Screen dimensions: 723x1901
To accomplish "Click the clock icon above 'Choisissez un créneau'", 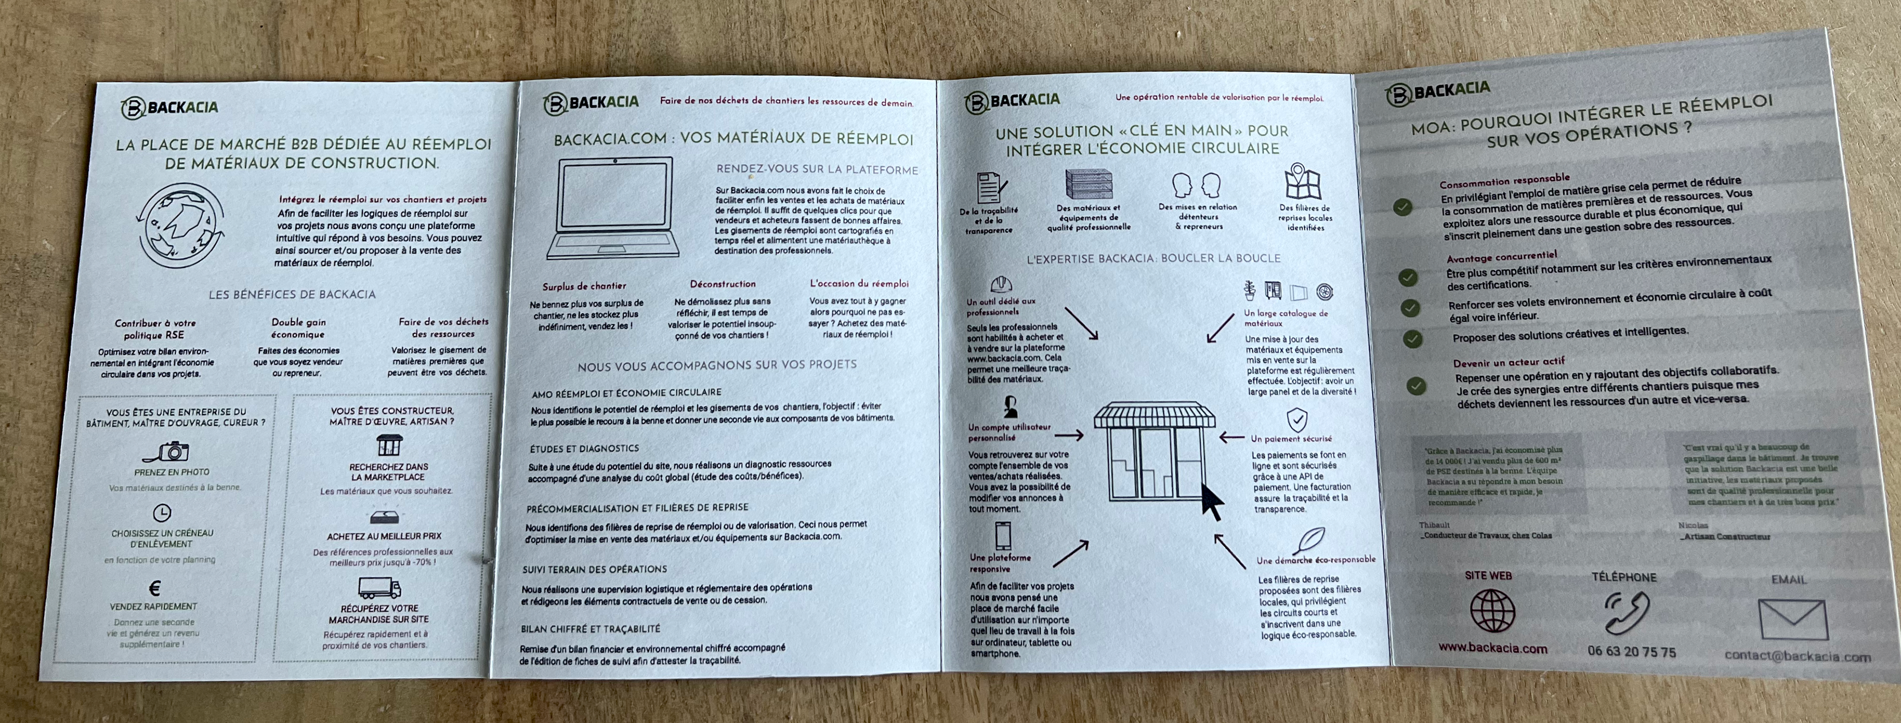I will (161, 513).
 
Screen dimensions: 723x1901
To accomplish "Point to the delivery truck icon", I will (379, 588).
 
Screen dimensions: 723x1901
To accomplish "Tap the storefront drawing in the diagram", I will (1154, 451).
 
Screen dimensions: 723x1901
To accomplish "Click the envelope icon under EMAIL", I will (1793, 619).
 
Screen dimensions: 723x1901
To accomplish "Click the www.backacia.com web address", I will (1492, 648).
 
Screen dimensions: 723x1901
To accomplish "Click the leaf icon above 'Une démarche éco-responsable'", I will (1310, 540).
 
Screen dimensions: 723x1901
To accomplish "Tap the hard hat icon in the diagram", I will (1001, 284).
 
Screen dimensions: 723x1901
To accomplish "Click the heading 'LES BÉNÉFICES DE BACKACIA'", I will (292, 295).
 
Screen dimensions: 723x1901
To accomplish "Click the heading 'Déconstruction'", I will (722, 284).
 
